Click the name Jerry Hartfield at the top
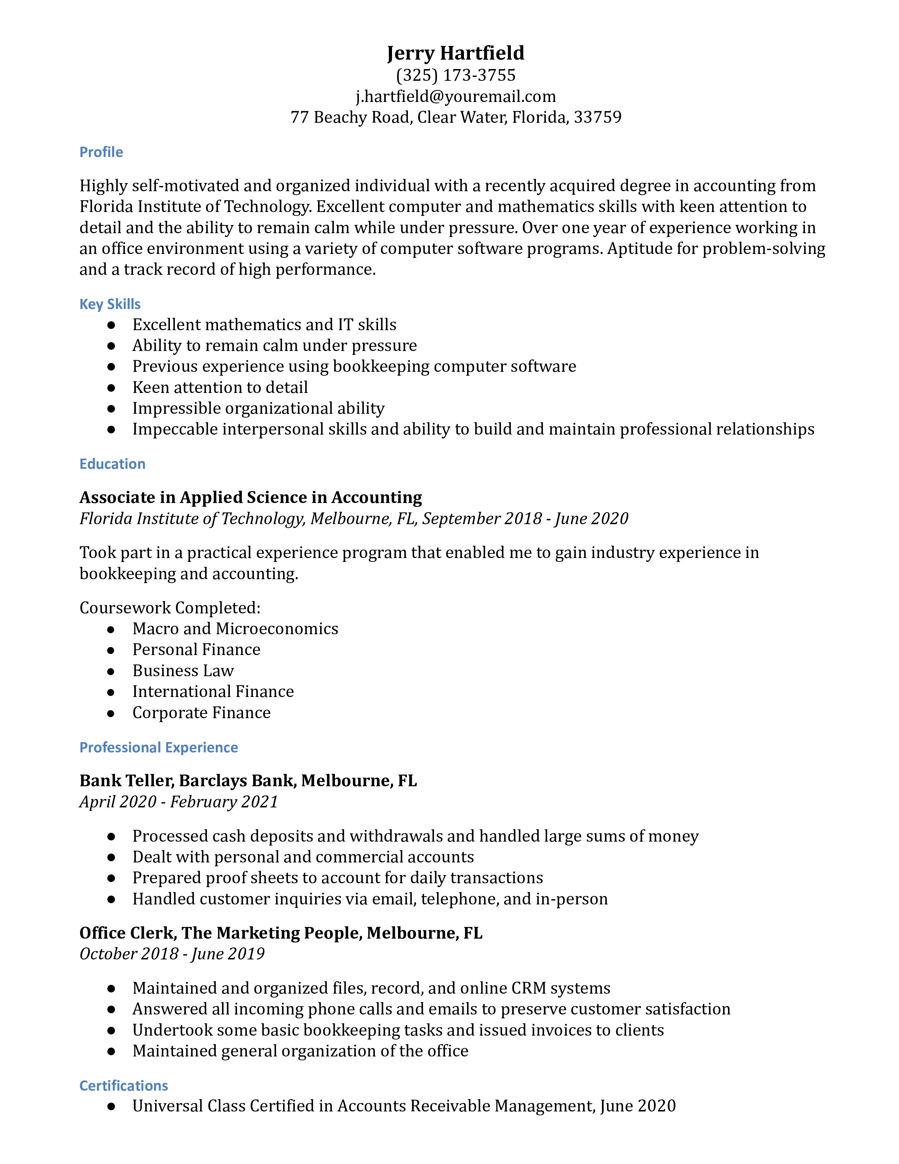point(455,53)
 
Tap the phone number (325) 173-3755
point(455,75)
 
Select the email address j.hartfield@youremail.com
point(455,96)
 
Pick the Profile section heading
point(101,152)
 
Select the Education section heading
point(112,464)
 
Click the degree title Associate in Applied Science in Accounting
point(250,497)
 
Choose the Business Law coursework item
point(183,671)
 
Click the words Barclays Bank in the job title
point(236,781)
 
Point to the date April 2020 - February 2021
point(178,802)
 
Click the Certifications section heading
point(123,1086)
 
